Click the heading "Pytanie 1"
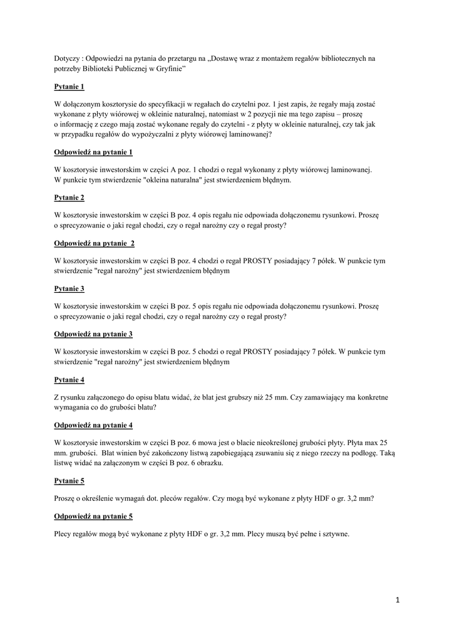click(x=69, y=87)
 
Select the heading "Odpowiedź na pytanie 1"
click(x=93, y=152)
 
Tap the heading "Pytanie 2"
click(x=69, y=197)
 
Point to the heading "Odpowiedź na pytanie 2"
click(x=94, y=243)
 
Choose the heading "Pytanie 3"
click(x=69, y=288)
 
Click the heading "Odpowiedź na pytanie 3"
click(x=93, y=334)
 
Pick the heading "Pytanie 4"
click(x=69, y=379)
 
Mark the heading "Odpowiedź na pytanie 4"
click(x=93, y=425)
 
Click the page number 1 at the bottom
click(x=397, y=600)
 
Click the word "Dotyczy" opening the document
click(x=68, y=59)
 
